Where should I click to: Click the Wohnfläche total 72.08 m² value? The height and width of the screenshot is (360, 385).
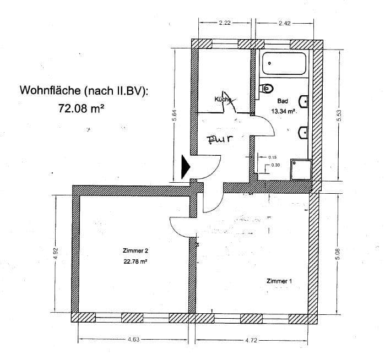point(82,108)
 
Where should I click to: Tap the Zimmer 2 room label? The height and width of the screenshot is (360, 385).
point(135,250)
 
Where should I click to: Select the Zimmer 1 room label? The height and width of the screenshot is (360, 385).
point(279,281)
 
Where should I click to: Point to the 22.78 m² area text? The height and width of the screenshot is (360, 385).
point(135,262)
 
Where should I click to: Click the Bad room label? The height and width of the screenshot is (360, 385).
point(283,101)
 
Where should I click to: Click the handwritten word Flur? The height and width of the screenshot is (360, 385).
point(217,139)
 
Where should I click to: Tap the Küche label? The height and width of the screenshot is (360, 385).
point(223,99)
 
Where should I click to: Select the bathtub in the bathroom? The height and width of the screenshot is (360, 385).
point(285,65)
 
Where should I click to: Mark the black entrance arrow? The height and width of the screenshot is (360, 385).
point(186,167)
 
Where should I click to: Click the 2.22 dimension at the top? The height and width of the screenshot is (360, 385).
point(224,24)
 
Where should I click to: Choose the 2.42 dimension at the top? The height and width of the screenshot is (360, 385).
point(285,24)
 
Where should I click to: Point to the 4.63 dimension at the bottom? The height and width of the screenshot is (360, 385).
point(133,340)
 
